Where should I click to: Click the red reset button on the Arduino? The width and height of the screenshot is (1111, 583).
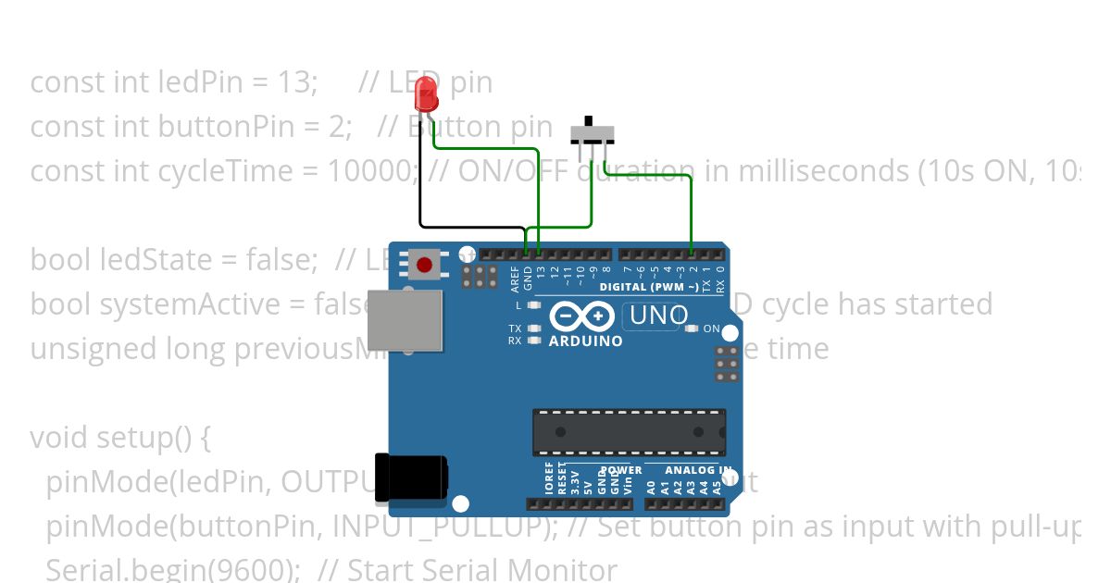pyautogui.click(x=424, y=266)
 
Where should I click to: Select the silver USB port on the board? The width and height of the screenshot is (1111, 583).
pyautogui.click(x=405, y=319)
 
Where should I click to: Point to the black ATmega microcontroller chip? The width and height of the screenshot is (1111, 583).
pyautogui.click(x=629, y=432)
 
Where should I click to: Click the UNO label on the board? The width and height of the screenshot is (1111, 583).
pyautogui.click(x=658, y=316)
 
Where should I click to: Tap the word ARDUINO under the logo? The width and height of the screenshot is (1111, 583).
pyautogui.click(x=585, y=341)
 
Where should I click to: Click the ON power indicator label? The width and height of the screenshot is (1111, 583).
pyautogui.click(x=711, y=329)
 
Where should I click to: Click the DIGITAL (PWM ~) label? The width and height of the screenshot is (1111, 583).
pyautogui.click(x=648, y=287)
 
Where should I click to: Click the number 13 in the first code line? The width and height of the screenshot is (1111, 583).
pyautogui.click(x=294, y=82)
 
